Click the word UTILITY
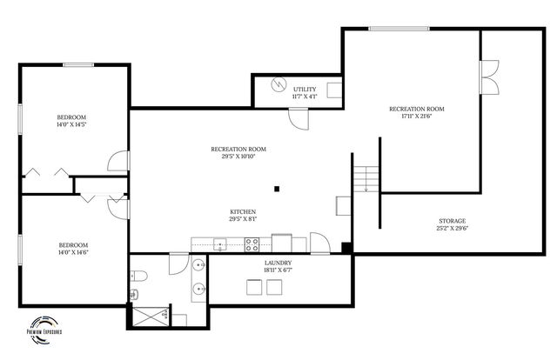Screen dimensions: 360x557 304,89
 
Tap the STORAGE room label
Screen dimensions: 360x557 452,221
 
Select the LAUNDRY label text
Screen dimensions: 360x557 278,262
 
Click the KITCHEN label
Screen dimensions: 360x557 242,212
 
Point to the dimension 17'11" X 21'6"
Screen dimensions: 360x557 417,117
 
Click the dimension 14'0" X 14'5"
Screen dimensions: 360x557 71,125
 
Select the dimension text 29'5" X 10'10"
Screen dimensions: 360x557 238,157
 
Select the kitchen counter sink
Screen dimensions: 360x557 220,244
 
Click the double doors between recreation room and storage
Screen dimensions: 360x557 489,78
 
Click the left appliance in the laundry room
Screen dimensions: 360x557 253,289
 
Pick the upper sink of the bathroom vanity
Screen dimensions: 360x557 198,264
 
